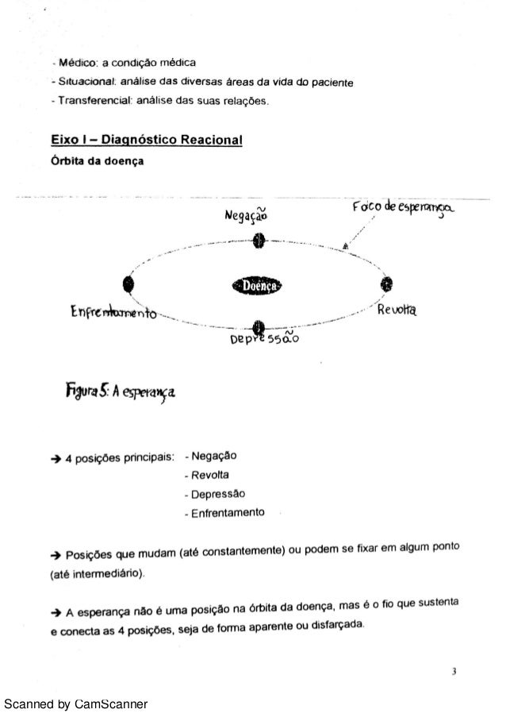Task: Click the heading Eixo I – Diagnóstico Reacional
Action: [147, 141]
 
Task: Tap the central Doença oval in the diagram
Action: [259, 285]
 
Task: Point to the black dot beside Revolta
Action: [387, 284]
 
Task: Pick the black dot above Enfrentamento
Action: [128, 284]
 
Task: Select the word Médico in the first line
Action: [70, 63]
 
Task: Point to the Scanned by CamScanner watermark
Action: [75, 704]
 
